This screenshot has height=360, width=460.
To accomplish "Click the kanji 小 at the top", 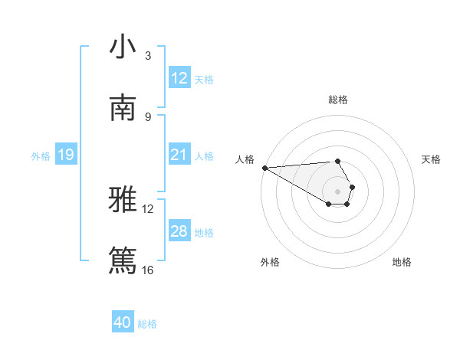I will point(123,47).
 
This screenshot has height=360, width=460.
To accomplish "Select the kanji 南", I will point(123,108).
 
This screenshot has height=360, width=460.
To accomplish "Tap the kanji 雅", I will point(123,201).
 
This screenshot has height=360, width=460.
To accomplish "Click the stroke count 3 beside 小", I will point(147,56).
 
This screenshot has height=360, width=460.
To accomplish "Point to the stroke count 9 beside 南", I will point(147,116).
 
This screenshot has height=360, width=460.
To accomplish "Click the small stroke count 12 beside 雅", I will point(147,208).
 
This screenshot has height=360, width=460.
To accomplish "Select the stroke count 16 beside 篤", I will point(147,270).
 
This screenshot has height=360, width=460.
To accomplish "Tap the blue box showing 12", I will point(179,78).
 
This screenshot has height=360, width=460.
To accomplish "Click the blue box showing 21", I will point(179,155).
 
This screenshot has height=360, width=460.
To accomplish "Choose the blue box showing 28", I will point(179,231).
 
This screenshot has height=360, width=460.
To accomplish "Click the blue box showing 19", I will point(66,155).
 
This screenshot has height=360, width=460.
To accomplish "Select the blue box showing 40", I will point(123,323).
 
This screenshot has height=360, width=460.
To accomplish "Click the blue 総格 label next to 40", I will point(148,324).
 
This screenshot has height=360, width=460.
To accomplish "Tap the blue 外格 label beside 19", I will point(41,156).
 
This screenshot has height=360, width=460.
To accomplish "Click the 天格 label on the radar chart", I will point(432,159).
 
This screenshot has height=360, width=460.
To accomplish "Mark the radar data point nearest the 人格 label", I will point(264,168).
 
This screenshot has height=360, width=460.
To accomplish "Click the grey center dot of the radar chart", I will point(338,191).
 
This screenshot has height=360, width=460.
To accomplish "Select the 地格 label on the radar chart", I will point(402,262).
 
